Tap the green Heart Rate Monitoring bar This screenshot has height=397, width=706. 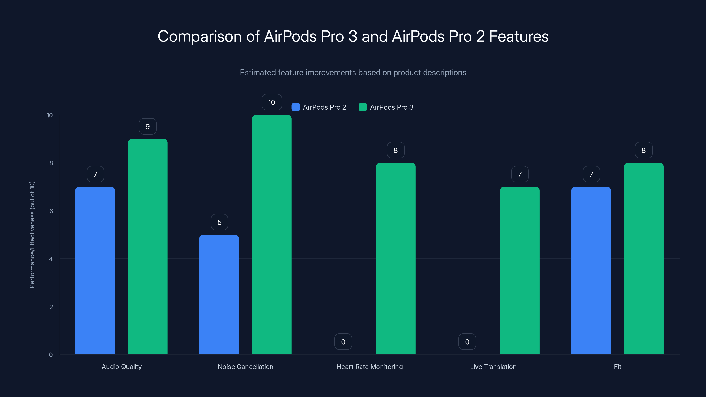[396, 259]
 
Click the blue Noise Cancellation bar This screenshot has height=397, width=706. [219, 294]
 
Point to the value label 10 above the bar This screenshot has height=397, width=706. [272, 102]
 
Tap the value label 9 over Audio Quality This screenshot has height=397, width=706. [148, 126]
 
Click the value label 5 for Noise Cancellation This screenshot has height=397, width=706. [219, 222]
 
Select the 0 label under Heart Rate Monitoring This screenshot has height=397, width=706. [343, 342]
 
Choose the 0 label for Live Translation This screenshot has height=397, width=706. [467, 342]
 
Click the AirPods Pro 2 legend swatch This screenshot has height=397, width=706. [296, 107]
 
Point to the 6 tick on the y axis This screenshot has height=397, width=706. [51, 211]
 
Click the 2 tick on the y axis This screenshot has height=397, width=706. [51, 307]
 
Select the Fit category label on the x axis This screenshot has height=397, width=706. [617, 367]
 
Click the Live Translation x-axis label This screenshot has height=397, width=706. [493, 367]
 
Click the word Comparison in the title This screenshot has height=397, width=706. [199, 36]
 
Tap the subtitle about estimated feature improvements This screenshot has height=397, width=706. [353, 73]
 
